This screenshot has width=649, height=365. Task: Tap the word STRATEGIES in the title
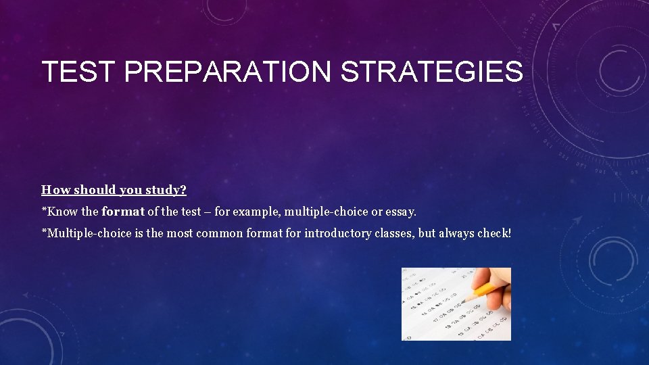point(432,72)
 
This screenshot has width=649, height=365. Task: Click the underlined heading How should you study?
point(114,190)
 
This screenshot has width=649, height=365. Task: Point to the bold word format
point(122,212)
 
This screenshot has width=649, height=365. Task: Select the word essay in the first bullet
point(402,212)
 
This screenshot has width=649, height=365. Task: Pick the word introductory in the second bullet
point(337,234)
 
